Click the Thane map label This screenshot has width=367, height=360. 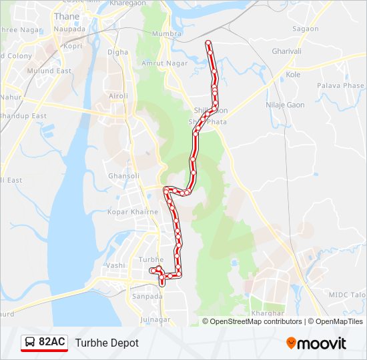[67, 16]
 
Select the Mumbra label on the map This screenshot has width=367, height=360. [167, 33]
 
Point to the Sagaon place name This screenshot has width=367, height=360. [306, 29]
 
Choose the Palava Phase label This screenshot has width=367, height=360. [340, 86]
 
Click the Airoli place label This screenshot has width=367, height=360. [118, 96]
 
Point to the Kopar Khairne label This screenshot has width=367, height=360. [133, 212]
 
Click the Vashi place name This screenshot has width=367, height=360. [115, 265]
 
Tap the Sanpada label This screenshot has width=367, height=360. [147, 296]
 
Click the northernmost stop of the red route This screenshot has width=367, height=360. [208, 43]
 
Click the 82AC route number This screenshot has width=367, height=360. [52, 343]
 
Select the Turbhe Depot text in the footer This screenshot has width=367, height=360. [107, 343]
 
